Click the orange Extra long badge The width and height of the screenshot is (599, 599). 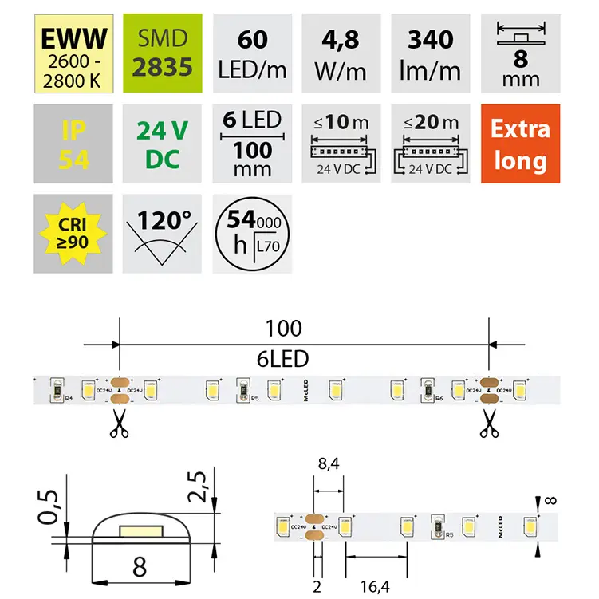tap(519, 144)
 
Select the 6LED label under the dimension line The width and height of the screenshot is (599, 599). tap(285, 359)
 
